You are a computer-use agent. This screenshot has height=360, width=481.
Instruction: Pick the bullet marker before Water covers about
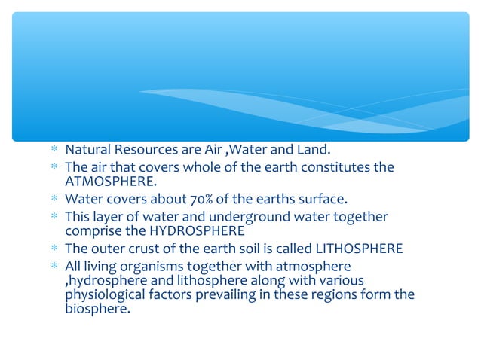click(x=54, y=200)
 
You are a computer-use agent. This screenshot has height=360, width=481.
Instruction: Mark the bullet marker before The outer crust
click(x=54, y=249)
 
